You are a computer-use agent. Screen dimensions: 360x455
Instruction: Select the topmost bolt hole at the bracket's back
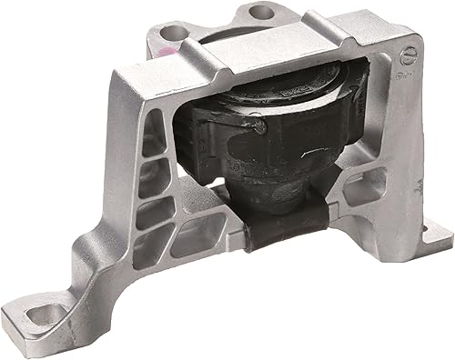(260, 13)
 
